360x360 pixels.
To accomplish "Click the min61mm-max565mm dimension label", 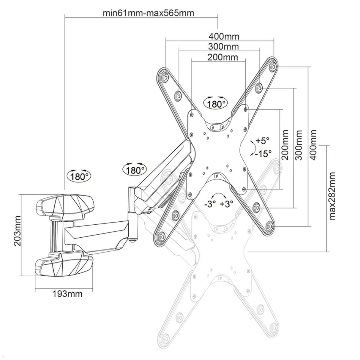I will point(148,13).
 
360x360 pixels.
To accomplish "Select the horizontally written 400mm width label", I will point(224,37).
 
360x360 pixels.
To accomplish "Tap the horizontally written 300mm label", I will point(223,47).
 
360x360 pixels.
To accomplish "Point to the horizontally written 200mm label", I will point(223,57).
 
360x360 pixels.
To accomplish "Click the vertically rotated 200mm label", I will point(285,145).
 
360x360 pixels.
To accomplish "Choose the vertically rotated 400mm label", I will point(313,145).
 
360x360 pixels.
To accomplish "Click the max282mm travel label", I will point(332,196).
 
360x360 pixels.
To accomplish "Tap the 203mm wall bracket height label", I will point(18,231).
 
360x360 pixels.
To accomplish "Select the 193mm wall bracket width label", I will point(67,294).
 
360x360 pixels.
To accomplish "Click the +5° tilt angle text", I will point(262,141).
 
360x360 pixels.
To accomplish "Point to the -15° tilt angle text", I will point(263,154).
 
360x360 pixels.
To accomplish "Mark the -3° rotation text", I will point(210,204).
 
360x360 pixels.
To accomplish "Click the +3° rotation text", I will point(226,204).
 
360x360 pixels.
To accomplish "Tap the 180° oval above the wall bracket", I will point(80,176).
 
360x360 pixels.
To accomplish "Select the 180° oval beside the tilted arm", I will point(134,170).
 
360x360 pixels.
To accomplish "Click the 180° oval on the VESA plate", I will point(216,103).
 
